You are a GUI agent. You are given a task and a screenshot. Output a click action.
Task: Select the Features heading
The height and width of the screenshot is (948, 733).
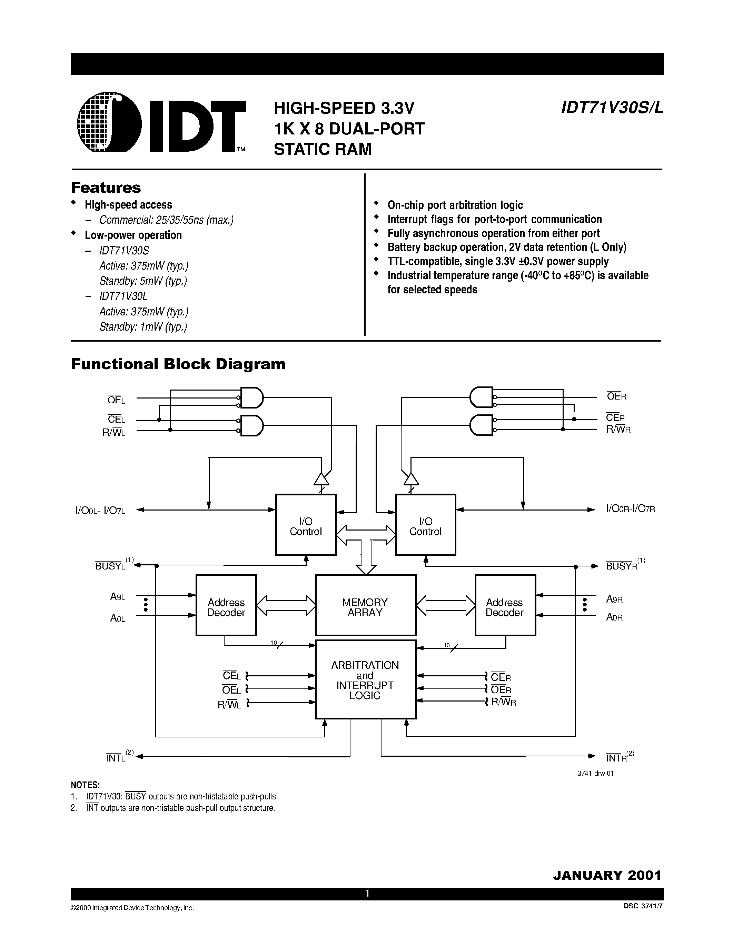click(x=106, y=188)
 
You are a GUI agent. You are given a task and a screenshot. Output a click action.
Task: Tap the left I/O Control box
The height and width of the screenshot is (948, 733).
click(x=306, y=524)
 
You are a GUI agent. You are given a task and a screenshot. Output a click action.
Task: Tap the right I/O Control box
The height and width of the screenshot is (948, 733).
click(x=425, y=524)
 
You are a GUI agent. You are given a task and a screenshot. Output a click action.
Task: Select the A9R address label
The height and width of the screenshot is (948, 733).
click(x=614, y=599)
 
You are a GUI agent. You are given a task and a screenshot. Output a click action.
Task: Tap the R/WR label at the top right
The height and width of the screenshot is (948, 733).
click(x=618, y=430)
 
